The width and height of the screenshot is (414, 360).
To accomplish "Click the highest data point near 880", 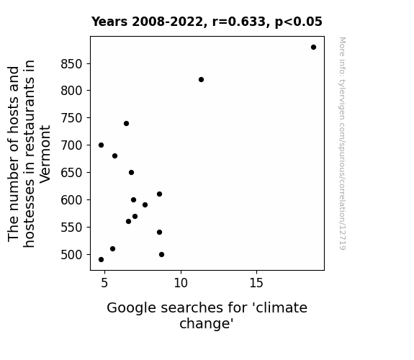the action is (313, 48).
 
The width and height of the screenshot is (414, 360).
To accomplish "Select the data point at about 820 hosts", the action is (201, 79).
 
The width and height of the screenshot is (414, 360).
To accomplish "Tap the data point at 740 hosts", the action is (126, 123).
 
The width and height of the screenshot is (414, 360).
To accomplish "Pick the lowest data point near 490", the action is (101, 260).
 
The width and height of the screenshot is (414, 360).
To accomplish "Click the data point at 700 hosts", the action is (101, 145).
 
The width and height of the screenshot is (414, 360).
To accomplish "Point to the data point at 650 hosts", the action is (131, 173).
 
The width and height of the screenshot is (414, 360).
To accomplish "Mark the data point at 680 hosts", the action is (114, 156).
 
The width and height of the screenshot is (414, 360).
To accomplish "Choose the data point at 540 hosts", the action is (159, 232).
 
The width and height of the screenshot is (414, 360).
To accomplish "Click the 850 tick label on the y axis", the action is (72, 64).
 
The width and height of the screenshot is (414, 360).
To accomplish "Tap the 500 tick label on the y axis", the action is (72, 255).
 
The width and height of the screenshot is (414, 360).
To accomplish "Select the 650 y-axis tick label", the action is (72, 173).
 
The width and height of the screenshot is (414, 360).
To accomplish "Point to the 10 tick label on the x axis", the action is (181, 283).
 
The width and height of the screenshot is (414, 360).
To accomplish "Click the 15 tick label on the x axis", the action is (256, 283).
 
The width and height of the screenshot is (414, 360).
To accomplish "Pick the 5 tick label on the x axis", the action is (104, 283).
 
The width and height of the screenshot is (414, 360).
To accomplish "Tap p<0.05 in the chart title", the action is (299, 22).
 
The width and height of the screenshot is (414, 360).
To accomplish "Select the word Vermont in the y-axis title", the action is (45, 154).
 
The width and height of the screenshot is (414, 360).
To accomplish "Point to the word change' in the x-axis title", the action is (207, 323).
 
